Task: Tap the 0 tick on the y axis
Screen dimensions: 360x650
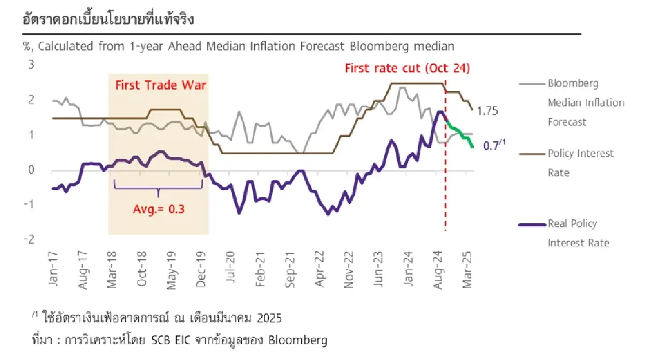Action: click(31, 170)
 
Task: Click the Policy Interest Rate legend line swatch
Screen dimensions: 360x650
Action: click(532, 154)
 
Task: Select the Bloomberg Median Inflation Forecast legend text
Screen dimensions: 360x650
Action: click(585, 103)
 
